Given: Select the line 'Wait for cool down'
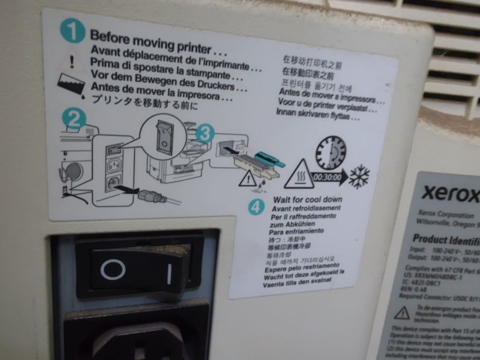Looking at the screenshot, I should tap(308, 199).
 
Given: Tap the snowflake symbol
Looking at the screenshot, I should tap(359, 176).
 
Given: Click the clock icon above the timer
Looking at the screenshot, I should tap(331, 152).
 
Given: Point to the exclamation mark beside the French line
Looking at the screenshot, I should tap(72, 61).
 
